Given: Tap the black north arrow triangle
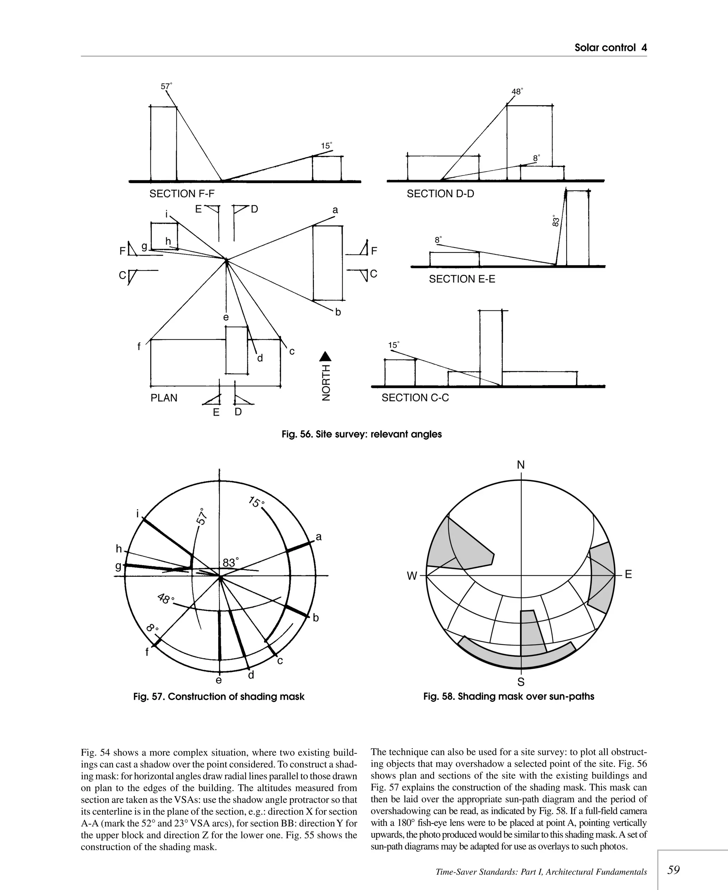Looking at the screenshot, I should coord(325,357).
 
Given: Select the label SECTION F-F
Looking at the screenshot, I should coord(182,194).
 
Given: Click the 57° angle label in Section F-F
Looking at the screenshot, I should coord(166,86).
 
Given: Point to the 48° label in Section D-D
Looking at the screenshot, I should coord(516,91).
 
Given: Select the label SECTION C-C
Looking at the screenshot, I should coord(415,398).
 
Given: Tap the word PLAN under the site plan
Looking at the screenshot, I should coord(164,398).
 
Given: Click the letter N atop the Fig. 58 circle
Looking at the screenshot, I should coord(520,465).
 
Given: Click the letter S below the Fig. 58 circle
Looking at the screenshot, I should coord(520,682).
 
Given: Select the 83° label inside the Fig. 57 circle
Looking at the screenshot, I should coord(230,563).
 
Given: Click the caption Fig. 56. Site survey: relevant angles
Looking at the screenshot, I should coord(362,434).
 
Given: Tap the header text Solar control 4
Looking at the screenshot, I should coord(610,48).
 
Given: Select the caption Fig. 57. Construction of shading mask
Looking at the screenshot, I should coord(219,697).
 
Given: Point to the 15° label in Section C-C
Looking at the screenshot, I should coord(394,345).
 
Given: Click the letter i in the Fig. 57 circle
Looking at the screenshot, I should coord(138,514).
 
